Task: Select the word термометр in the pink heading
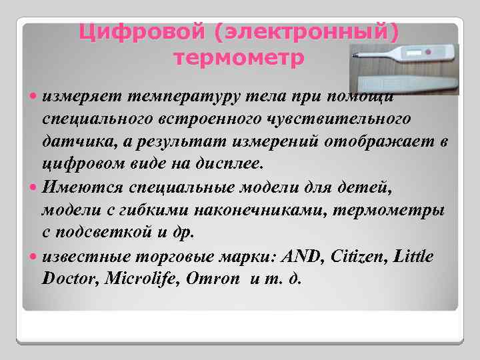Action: [x=239, y=58]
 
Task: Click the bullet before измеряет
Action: [x=34, y=98]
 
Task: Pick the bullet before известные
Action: [x=34, y=257]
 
